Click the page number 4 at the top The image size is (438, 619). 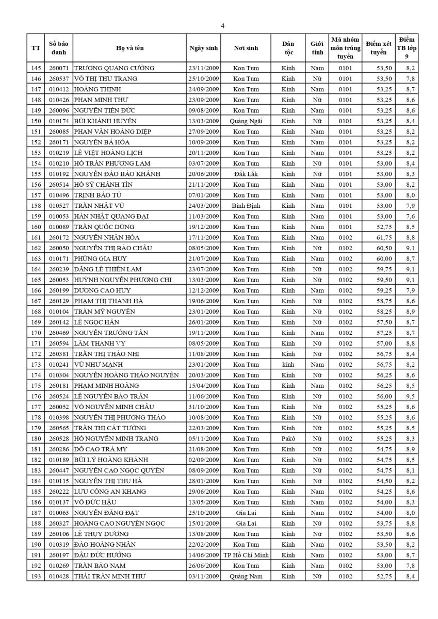(x=222, y=26)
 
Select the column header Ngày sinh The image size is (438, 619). (x=204, y=48)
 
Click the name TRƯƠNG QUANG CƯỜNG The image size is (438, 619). (x=114, y=68)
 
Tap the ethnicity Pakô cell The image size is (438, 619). (x=288, y=438)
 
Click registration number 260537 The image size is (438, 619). (x=59, y=78)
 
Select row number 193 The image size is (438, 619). (x=36, y=576)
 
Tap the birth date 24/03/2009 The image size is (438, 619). (x=204, y=206)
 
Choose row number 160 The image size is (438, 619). (x=36, y=227)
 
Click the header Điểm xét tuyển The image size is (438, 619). (x=379, y=48)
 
